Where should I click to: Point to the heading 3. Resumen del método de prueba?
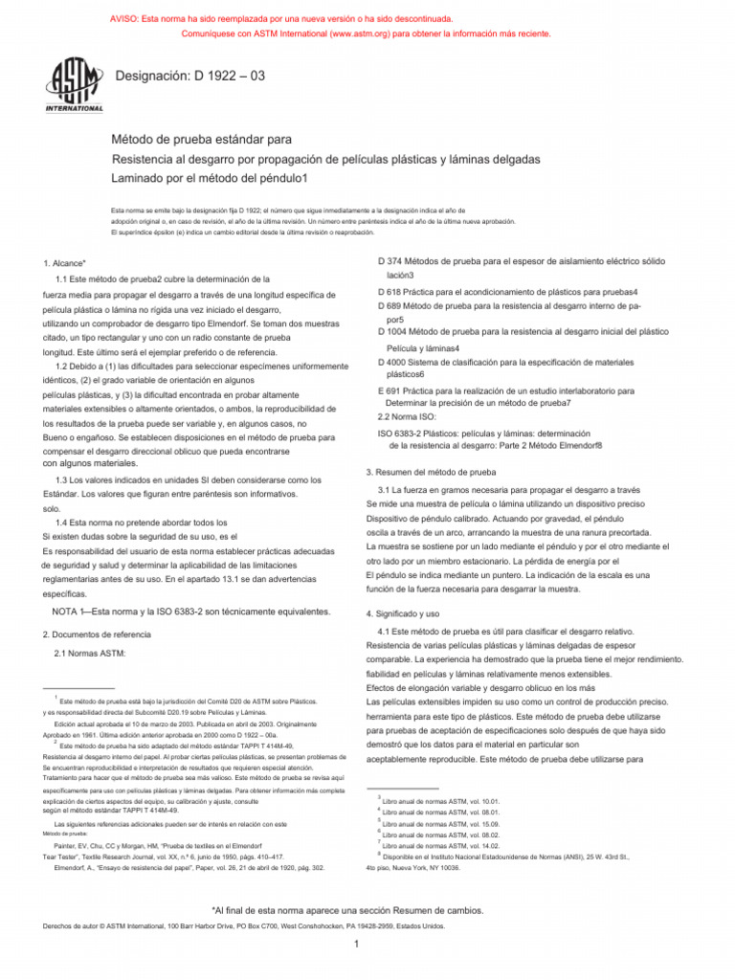[431, 472]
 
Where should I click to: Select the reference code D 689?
[394, 304]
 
